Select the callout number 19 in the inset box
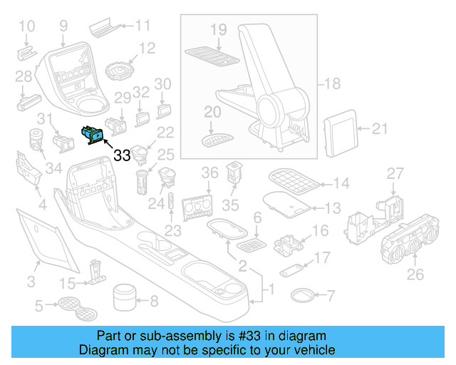click(218, 30)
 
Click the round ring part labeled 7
click(302, 294)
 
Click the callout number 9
click(63, 26)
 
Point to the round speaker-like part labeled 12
click(120, 71)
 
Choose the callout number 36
click(209, 173)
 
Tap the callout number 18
click(331, 84)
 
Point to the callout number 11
click(142, 26)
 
